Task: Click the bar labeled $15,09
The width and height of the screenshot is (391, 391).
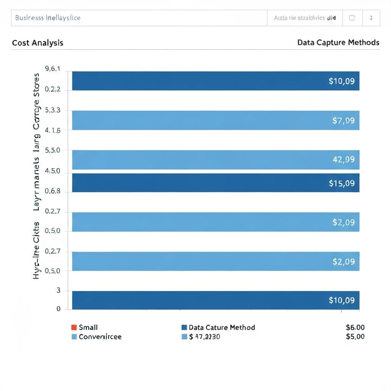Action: [216, 183]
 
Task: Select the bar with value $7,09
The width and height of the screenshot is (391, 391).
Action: [216, 120]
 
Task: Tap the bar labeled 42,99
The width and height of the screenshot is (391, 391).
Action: [216, 160]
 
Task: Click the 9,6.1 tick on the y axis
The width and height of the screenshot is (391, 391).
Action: [53, 69]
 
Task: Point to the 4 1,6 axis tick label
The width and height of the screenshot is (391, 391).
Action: [53, 130]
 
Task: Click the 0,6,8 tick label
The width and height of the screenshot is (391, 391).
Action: [53, 191]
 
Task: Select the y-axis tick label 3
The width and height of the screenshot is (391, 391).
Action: [58, 290]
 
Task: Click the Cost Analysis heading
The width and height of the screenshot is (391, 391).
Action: [37, 43]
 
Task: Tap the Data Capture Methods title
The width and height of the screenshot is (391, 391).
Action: [338, 42]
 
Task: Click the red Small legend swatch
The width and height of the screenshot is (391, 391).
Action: [74, 327]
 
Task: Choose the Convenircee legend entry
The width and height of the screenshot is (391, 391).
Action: [100, 337]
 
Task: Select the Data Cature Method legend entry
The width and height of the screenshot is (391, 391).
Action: [221, 327]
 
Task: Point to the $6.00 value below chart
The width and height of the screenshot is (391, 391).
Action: [355, 327]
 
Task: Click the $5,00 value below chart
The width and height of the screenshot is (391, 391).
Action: [355, 336]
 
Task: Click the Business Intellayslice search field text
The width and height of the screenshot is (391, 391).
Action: [48, 18]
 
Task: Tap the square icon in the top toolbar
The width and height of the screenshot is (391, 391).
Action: [352, 18]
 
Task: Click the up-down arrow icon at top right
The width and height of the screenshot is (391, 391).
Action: [371, 18]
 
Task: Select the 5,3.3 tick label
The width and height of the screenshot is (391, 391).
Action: [53, 110]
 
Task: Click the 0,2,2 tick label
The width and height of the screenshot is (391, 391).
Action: [53, 90]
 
